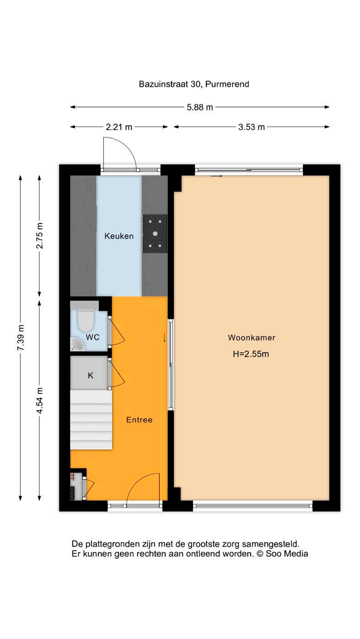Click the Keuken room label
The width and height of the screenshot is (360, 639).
[x=119, y=236]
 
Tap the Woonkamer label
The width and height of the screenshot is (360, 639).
[x=251, y=337]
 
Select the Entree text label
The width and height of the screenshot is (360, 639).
[x=139, y=420]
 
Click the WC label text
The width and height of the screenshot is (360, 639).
[x=92, y=337]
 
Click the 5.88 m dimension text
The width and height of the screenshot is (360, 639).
[x=200, y=107]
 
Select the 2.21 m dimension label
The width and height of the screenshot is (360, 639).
[x=119, y=127]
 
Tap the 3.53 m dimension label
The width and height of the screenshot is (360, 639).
[x=251, y=127]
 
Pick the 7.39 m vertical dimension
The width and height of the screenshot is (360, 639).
[x=21, y=337]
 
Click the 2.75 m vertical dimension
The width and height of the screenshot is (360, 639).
[x=40, y=236]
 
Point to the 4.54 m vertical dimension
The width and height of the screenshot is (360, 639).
[x=40, y=400]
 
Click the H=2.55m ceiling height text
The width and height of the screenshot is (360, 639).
[x=251, y=354]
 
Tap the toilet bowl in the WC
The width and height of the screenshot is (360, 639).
[x=86, y=320]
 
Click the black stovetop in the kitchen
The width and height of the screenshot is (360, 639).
[x=155, y=234]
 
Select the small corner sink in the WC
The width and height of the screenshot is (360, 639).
[x=77, y=344]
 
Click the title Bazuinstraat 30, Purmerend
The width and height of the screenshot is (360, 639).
[x=194, y=84]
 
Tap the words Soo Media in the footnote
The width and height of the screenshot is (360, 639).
[x=287, y=554]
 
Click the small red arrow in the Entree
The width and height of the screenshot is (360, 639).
[x=164, y=337]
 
